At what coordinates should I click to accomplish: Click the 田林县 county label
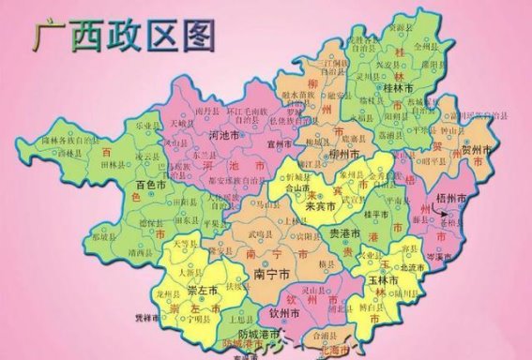point(124,160)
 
